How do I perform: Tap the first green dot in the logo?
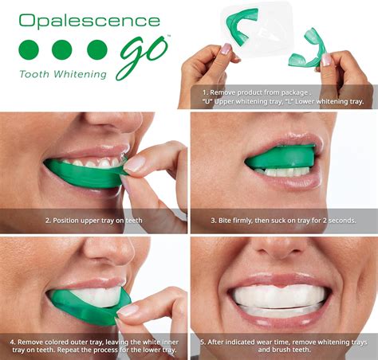click(x=28, y=49)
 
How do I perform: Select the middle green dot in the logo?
click(x=61, y=49)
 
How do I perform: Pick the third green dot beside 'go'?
click(x=96, y=49)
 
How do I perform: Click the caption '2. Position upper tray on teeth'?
click(x=94, y=220)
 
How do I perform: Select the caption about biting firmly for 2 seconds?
click(x=283, y=220)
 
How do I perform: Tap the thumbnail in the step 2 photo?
click(x=136, y=163)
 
